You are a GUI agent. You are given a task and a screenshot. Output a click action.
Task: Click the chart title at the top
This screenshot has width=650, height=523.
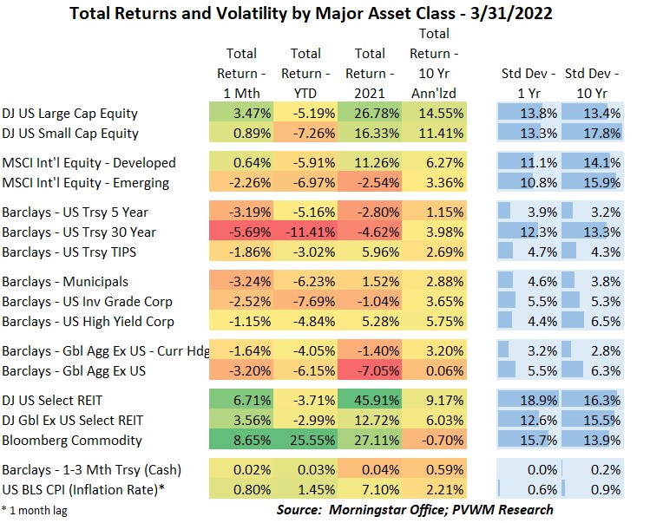coord(325,14)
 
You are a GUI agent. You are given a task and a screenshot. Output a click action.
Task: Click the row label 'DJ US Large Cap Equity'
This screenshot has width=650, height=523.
coord(70,114)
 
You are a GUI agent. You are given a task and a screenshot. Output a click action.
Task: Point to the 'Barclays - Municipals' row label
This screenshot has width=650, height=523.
coord(65,282)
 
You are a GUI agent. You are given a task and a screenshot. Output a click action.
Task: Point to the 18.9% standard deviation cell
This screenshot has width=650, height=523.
coord(528,400)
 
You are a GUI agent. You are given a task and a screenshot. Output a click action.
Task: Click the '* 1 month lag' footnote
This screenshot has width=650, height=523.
coord(35,509)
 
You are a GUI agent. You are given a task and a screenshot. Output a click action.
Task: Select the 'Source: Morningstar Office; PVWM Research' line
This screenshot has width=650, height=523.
coord(415,509)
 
